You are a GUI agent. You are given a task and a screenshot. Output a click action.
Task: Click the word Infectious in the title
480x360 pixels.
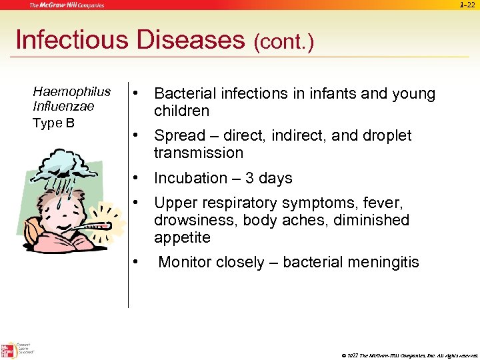71,40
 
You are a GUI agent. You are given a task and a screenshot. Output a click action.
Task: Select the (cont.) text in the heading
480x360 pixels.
283,43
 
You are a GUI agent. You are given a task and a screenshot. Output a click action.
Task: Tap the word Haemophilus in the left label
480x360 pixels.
71,91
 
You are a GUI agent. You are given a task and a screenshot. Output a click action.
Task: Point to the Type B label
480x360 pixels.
53,123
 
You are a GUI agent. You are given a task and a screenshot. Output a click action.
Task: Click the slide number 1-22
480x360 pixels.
468,5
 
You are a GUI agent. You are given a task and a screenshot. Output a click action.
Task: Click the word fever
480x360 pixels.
383,202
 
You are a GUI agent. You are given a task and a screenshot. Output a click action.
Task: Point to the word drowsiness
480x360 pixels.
193,220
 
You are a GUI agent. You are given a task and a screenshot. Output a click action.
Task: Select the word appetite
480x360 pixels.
182,238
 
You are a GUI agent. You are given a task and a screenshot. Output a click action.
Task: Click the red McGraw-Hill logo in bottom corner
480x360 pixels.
9,349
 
